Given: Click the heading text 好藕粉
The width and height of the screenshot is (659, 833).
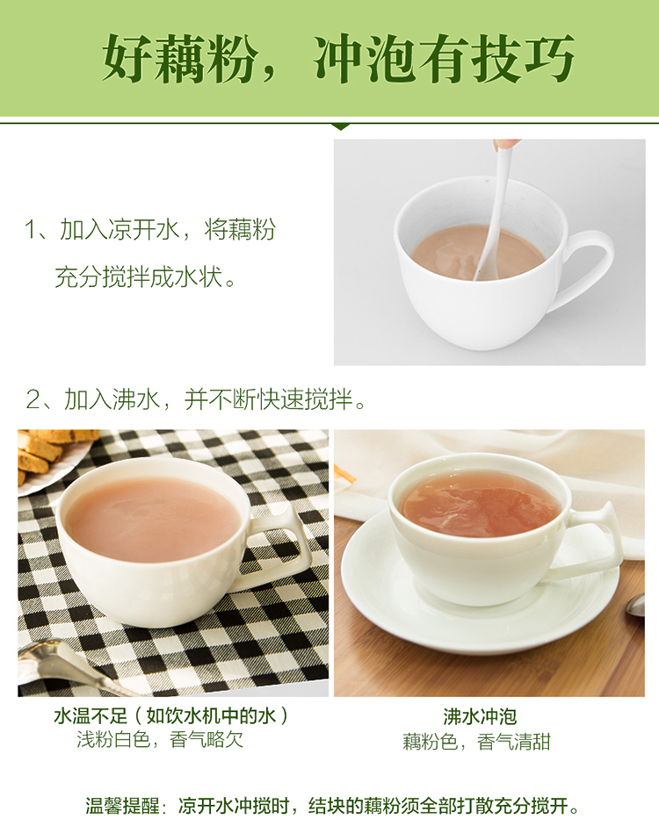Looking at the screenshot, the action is pyautogui.click(x=178, y=59).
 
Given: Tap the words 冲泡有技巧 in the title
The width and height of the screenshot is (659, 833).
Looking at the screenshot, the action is pyautogui.click(x=444, y=59).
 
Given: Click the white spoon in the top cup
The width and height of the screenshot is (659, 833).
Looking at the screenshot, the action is pyautogui.click(x=493, y=212).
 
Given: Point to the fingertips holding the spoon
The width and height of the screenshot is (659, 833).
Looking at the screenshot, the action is pyautogui.click(x=506, y=144).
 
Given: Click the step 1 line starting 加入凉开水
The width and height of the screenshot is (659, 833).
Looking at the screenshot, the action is pyautogui.click(x=150, y=229).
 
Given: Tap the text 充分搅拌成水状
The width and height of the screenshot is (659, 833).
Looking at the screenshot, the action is pyautogui.click(x=145, y=276).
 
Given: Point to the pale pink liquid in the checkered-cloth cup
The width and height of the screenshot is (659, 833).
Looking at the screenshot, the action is pyautogui.click(x=152, y=518).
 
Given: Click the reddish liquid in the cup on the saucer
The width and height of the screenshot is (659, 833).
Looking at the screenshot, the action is pyautogui.click(x=480, y=503).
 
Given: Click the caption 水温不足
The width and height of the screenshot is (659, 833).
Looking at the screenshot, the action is pyautogui.click(x=91, y=715).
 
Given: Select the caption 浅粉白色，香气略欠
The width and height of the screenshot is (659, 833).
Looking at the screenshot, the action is pyautogui.click(x=160, y=739).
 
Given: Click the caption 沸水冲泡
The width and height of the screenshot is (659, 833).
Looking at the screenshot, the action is pyautogui.click(x=480, y=716).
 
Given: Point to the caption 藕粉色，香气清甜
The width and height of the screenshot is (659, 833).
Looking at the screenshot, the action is pyautogui.click(x=476, y=742).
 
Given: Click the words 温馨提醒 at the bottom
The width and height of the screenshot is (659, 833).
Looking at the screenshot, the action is pyautogui.click(x=123, y=806).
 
